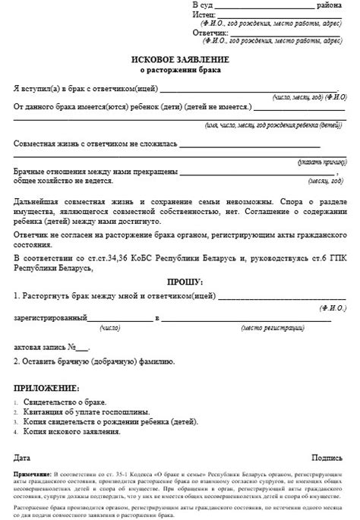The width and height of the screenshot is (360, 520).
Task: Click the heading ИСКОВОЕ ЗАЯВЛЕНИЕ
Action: pyautogui.click(x=179, y=59)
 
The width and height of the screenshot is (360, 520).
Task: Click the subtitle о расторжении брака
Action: pyautogui.click(x=179, y=71)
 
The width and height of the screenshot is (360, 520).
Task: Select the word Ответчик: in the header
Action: pyautogui.click(x=210, y=33)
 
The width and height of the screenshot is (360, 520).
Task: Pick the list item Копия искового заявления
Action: pyautogui.click(x=72, y=430)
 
